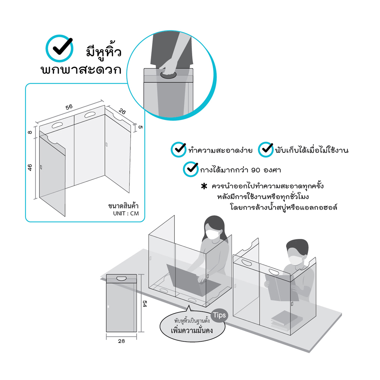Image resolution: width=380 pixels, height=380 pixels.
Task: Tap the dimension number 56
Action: click(69, 107)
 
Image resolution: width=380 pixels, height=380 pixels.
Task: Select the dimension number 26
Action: click(122, 111)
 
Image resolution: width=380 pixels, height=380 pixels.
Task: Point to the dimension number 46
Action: click(30, 168)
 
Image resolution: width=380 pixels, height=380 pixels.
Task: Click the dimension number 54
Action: click(145, 304)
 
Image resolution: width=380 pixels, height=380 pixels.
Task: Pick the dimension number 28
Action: click(122, 341)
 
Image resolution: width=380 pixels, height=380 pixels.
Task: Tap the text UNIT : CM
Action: click(126, 214)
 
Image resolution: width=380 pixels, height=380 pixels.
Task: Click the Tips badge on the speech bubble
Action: click(219, 315)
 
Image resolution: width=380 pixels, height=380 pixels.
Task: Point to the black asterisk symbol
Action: click(204, 186)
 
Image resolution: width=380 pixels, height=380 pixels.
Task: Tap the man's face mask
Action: click(295, 260)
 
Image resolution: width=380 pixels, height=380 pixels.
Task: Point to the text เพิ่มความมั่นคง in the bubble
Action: click(192, 330)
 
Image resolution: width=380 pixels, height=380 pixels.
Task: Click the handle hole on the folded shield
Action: click(122, 279)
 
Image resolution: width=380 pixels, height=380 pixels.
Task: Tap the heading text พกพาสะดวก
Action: click(81, 70)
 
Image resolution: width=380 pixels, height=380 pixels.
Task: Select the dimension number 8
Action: click(30, 132)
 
